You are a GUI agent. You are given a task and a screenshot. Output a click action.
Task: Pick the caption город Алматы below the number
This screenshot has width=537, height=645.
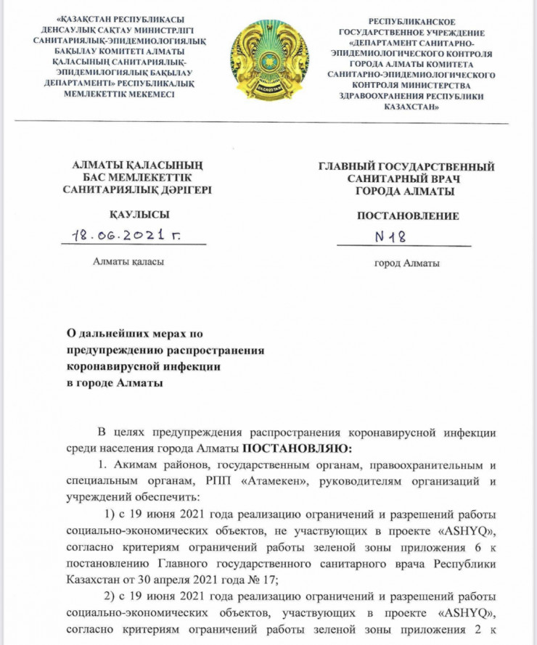(406, 263)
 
